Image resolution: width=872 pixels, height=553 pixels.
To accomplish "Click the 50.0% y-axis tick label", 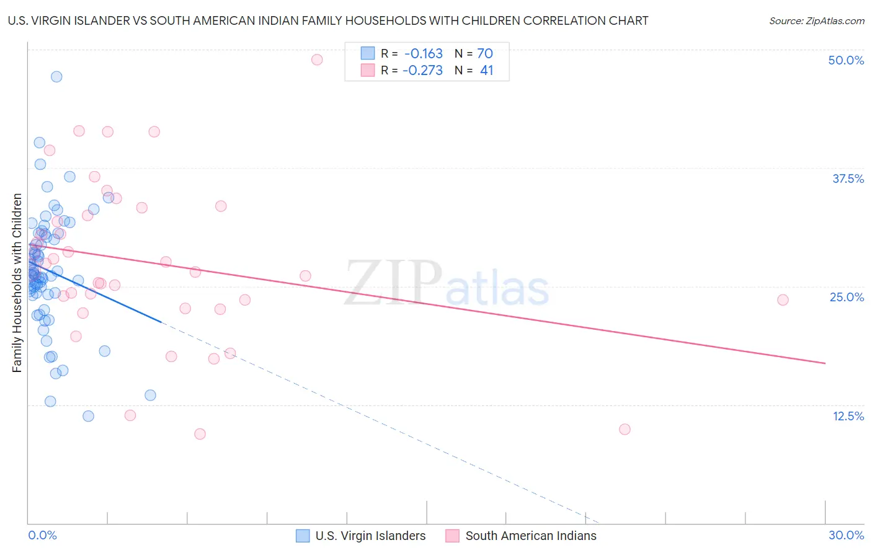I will [x=845, y=60].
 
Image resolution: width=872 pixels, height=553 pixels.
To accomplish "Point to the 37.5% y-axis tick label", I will [x=847, y=179].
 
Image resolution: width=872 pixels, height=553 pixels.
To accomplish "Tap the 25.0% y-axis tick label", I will [x=847, y=297].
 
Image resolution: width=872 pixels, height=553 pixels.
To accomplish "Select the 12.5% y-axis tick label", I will [x=848, y=416].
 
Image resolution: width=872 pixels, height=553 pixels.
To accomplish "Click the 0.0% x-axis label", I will [x=42, y=535].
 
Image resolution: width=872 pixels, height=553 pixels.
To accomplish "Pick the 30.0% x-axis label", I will [x=846, y=535].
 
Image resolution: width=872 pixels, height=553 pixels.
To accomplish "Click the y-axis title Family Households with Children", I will [x=17, y=283].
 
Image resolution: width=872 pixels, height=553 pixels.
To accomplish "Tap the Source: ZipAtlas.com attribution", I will [x=816, y=20].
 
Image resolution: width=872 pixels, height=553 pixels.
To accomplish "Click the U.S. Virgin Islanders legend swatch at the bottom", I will [x=303, y=536].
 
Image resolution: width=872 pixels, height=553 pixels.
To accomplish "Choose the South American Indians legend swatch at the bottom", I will [x=452, y=536].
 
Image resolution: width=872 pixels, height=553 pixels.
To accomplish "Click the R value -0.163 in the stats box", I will [x=424, y=54].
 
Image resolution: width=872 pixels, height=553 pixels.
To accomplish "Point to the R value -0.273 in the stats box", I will [x=422, y=71].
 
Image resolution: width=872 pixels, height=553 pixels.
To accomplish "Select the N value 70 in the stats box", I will [x=485, y=54].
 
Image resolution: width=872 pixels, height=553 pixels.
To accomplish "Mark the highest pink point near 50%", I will [x=317, y=60].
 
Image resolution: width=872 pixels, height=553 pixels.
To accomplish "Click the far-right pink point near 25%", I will [x=783, y=300].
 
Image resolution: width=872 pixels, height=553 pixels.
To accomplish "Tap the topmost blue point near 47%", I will [x=56, y=77].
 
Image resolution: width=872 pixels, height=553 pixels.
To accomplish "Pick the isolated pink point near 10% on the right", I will [x=625, y=430].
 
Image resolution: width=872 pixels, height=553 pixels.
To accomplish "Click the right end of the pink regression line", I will [x=825, y=363].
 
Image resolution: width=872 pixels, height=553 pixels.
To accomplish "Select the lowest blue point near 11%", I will [x=88, y=416].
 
